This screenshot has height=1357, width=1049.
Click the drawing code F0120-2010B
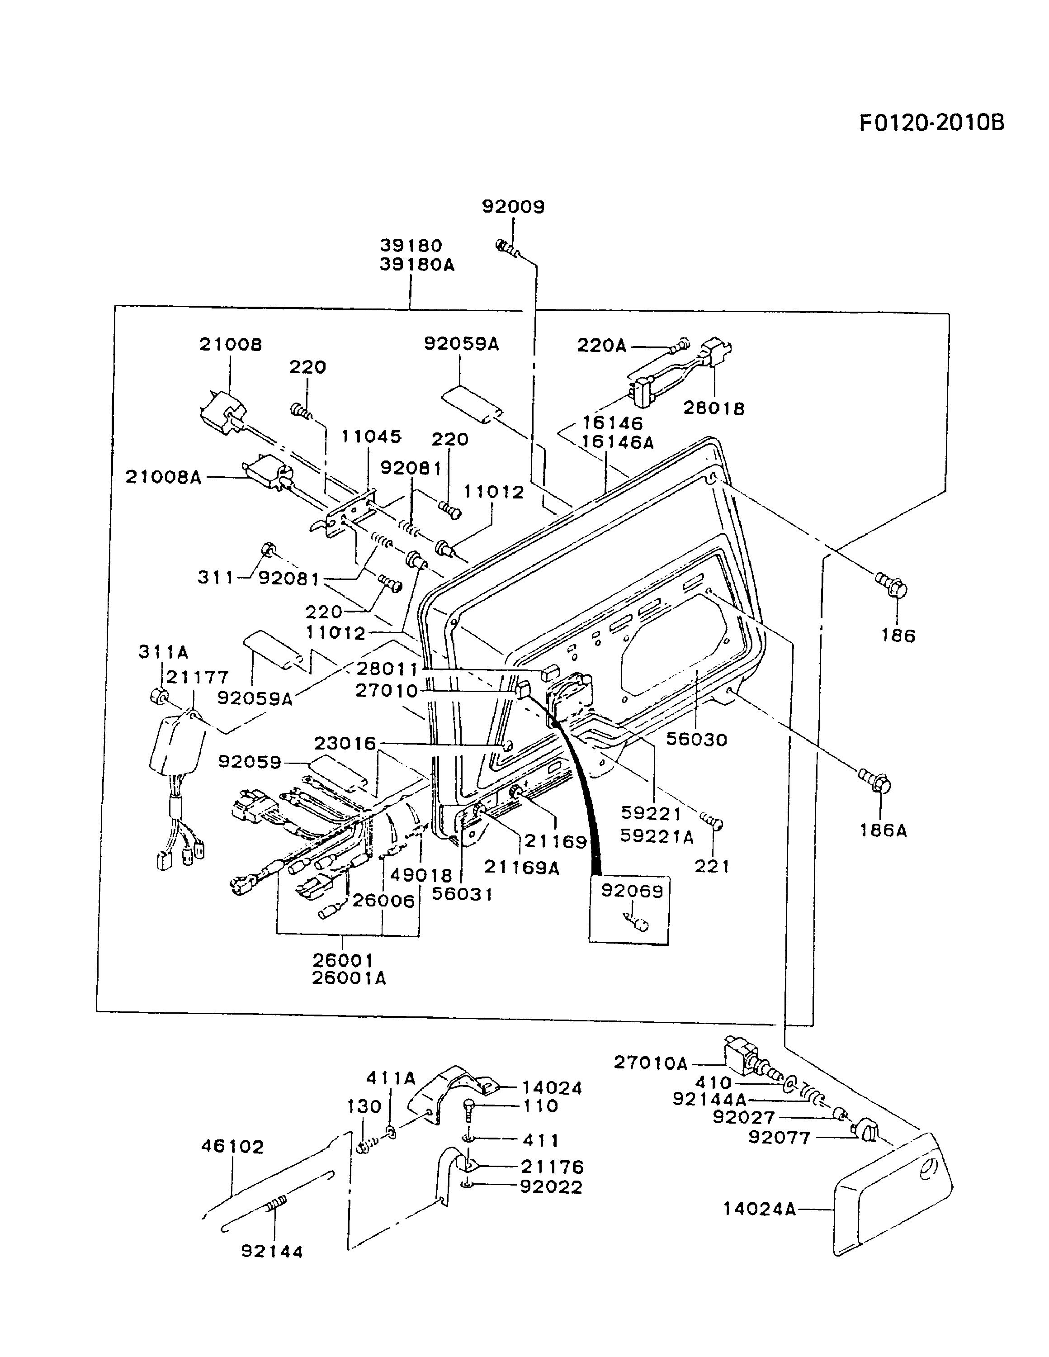[x=931, y=123]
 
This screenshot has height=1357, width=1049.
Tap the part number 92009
[x=513, y=207]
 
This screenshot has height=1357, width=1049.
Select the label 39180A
[x=417, y=266]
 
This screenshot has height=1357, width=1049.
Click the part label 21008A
[x=163, y=477]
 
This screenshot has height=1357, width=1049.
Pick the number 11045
[x=371, y=437]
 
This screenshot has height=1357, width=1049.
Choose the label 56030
[x=696, y=740]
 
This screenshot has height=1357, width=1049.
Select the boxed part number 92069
[x=632, y=891]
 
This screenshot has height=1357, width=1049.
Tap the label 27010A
[x=650, y=1063]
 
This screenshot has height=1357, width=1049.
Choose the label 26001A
[x=349, y=978]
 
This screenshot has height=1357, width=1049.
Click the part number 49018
[x=421, y=875]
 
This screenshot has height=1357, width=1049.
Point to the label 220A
[x=602, y=346]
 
